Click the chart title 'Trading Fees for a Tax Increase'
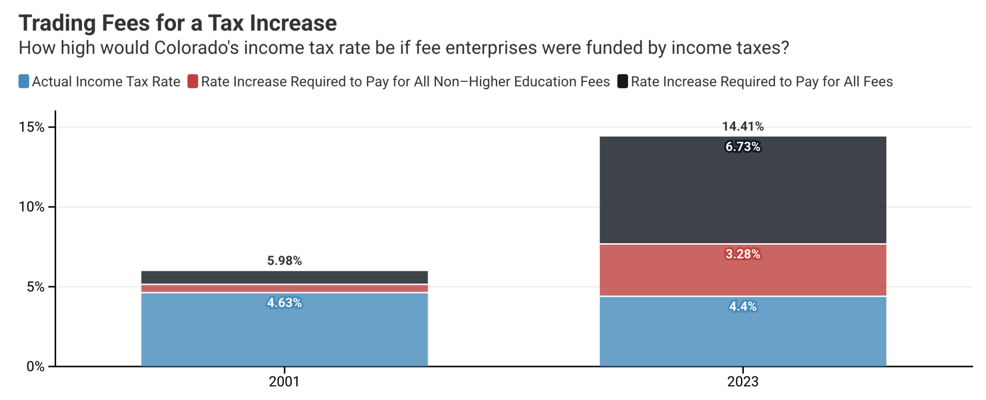point(177,23)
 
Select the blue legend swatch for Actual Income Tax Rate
point(24,81)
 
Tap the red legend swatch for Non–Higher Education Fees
point(193,81)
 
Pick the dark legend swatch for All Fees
point(623,81)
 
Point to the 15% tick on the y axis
point(32,127)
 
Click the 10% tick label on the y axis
point(32,207)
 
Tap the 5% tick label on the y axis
point(35,287)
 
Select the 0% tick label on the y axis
point(35,367)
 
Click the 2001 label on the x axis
point(284,382)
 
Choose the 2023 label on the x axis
point(742,382)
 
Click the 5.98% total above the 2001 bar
point(284,261)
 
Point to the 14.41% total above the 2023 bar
point(742,127)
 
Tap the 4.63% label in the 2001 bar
point(284,303)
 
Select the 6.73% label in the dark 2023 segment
point(742,147)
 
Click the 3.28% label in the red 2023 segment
point(742,255)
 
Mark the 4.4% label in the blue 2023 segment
point(742,307)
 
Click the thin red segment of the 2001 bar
point(284,289)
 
